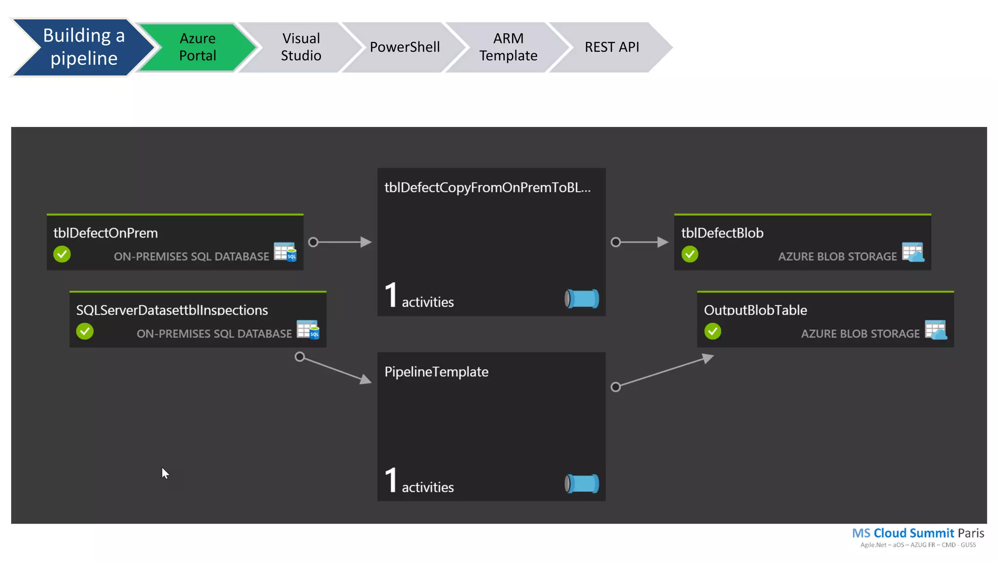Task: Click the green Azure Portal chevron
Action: click(x=197, y=47)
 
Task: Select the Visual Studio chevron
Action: click(x=301, y=47)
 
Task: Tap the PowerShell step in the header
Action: click(x=404, y=47)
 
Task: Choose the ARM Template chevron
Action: click(x=508, y=47)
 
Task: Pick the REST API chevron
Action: click(x=612, y=47)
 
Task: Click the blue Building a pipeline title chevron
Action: click(x=84, y=47)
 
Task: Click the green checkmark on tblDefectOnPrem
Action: click(x=62, y=254)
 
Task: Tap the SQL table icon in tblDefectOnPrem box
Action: click(x=285, y=252)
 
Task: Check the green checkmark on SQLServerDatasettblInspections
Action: click(x=85, y=331)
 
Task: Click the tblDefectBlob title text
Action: click(x=722, y=233)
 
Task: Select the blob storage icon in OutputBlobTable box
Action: click(x=936, y=330)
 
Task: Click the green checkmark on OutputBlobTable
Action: click(x=712, y=331)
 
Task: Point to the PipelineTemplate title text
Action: click(x=436, y=372)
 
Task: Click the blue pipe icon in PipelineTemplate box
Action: click(x=582, y=483)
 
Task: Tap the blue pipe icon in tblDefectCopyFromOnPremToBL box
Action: click(x=582, y=299)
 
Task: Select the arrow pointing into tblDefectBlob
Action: click(x=641, y=242)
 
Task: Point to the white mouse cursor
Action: click(x=165, y=473)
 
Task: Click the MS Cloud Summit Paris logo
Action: click(x=918, y=537)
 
